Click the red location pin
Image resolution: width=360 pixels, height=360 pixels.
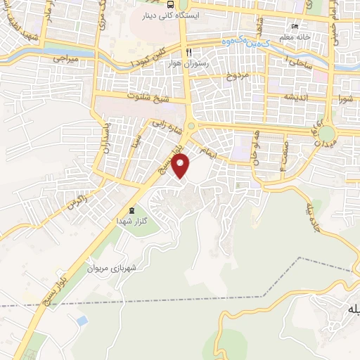pos(181,166)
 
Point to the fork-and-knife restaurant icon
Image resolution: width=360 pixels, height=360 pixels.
pos(188,53)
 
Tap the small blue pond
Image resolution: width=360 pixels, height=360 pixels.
pos(83,321)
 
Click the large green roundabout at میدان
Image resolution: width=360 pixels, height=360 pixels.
pos(326,134)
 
